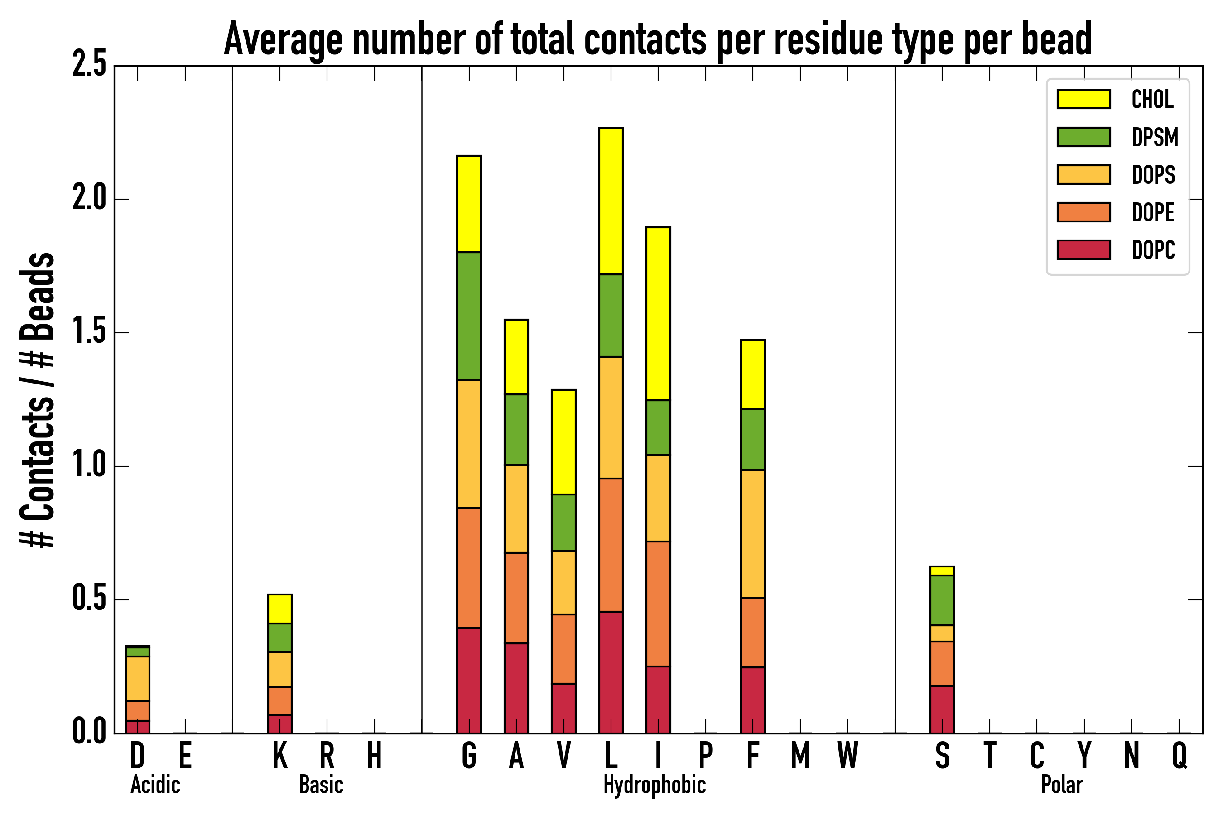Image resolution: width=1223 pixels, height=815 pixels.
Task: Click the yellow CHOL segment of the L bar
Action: click(611, 201)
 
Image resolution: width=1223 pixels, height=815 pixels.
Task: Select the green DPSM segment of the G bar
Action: click(469, 316)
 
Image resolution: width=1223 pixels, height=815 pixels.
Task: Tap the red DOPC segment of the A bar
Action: click(516, 688)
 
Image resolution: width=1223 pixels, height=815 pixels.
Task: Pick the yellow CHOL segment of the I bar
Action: click(658, 313)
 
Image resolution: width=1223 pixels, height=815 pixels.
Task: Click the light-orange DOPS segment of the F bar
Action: click(753, 534)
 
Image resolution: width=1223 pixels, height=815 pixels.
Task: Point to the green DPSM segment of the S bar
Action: click(942, 600)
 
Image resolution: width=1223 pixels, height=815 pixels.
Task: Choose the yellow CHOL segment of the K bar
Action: click(280, 609)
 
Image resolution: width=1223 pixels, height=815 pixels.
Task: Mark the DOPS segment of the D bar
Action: click(138, 678)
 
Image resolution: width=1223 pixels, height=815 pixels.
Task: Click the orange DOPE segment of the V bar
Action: click(563, 649)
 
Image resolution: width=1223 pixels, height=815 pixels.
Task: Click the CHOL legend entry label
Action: click(1152, 99)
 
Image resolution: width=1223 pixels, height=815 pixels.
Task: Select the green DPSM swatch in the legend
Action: click(1083, 137)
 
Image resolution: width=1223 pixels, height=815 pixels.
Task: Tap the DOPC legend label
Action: click(1153, 250)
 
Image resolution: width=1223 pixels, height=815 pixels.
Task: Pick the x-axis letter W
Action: click(847, 756)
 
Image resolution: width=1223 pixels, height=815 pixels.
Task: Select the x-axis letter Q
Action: click(1180, 756)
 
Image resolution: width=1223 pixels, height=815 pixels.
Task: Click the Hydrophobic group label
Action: click(655, 785)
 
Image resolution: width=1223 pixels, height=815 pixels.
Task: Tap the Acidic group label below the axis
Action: click(155, 785)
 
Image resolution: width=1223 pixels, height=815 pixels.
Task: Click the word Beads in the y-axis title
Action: click(38, 296)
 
